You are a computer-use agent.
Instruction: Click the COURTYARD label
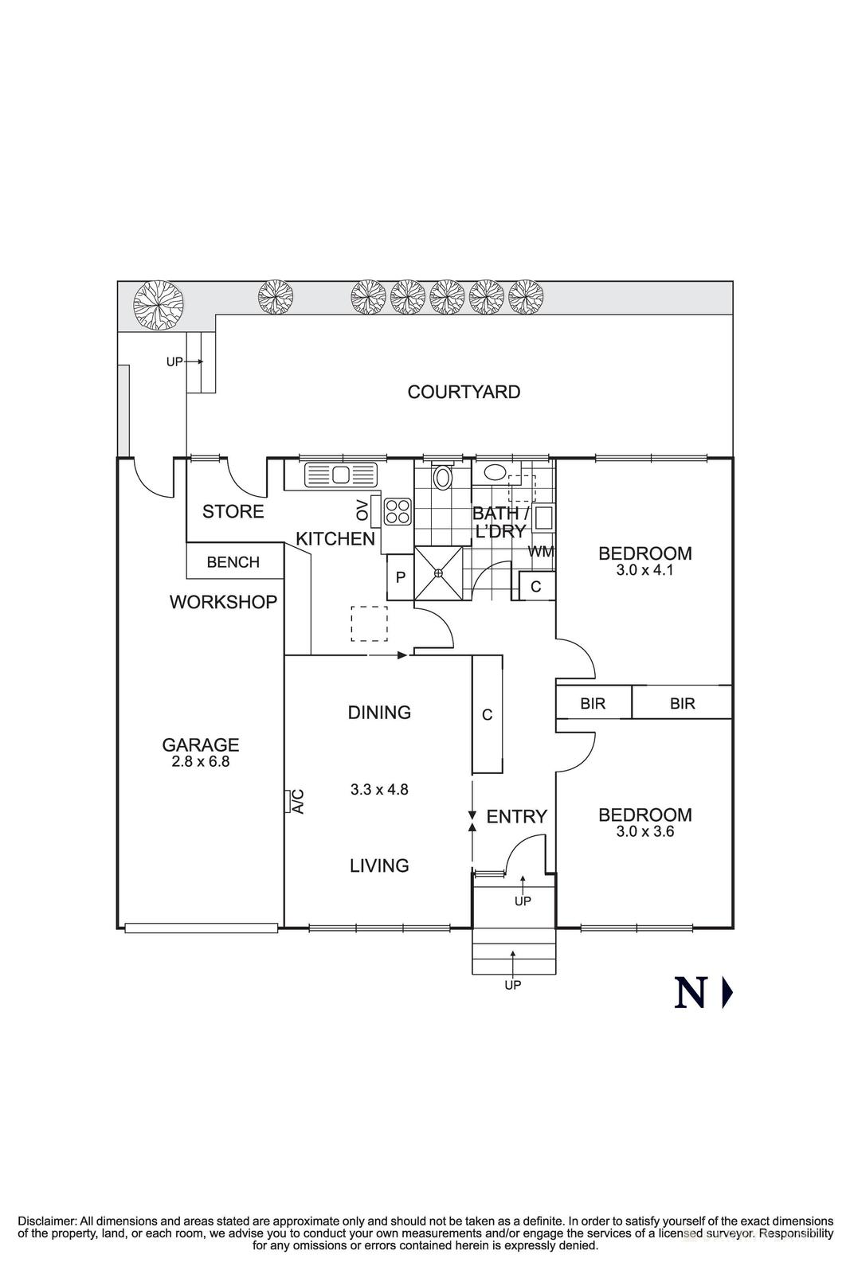pos(464,392)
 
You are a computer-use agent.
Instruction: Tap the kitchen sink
pos(341,475)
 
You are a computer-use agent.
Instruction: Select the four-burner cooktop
pos(398,510)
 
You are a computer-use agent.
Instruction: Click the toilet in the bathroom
pos(442,477)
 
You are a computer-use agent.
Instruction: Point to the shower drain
pos(438,573)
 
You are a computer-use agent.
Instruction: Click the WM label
pos(541,551)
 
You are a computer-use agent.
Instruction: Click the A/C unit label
pos(298,800)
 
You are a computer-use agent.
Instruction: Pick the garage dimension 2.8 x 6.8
pos(201,761)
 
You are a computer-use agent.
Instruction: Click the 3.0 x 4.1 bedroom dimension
pos(645,570)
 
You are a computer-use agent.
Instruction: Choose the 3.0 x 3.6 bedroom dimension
pos(645,832)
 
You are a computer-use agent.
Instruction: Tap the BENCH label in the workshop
pos(233,562)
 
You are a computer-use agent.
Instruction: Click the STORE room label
pos(233,511)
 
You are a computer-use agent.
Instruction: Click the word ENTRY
pos(517,816)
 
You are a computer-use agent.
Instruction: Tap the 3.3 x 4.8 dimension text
pos(379,790)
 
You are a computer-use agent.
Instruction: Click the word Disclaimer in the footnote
pos(47,1221)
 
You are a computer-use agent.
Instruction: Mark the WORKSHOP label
pos(223,602)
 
